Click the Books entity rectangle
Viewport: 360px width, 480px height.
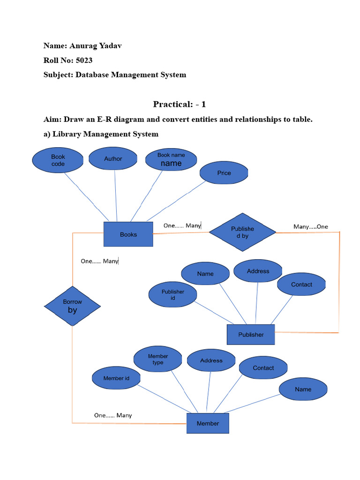128,234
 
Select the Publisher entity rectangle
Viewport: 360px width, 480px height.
251,335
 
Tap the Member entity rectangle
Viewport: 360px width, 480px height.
208,423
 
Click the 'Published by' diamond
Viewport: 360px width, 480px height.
242,232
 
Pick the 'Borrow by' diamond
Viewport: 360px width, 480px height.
72,306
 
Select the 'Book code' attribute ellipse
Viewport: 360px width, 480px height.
58,160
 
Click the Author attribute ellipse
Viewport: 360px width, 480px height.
113,159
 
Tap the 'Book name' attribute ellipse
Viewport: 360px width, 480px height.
171,160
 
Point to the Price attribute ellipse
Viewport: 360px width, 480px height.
224,173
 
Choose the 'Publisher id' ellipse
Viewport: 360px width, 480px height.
173,295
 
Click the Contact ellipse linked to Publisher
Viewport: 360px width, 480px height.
301,285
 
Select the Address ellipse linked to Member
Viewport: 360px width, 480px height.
211,360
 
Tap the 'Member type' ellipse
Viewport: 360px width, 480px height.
158,360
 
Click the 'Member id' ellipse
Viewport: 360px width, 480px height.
116,378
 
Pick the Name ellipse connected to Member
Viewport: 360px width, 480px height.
303,389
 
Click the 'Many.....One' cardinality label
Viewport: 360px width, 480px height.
311,227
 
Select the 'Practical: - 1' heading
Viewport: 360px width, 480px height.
180,104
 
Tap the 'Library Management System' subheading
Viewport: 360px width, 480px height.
105,134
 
